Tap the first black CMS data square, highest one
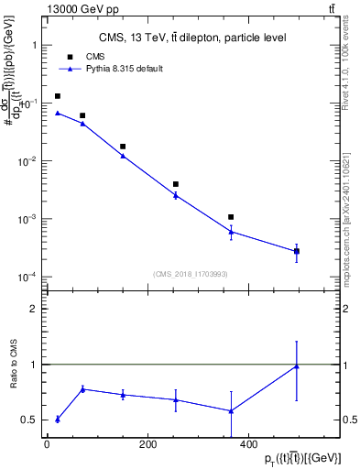pyautogui.click(x=58, y=96)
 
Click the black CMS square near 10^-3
pyautogui.click(x=232, y=217)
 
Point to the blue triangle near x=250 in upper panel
pyautogui.click(x=175, y=194)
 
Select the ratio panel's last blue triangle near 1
pyautogui.click(x=297, y=366)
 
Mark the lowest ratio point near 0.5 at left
pyautogui.click(x=58, y=420)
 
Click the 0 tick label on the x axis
pyautogui.click(x=48, y=445)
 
